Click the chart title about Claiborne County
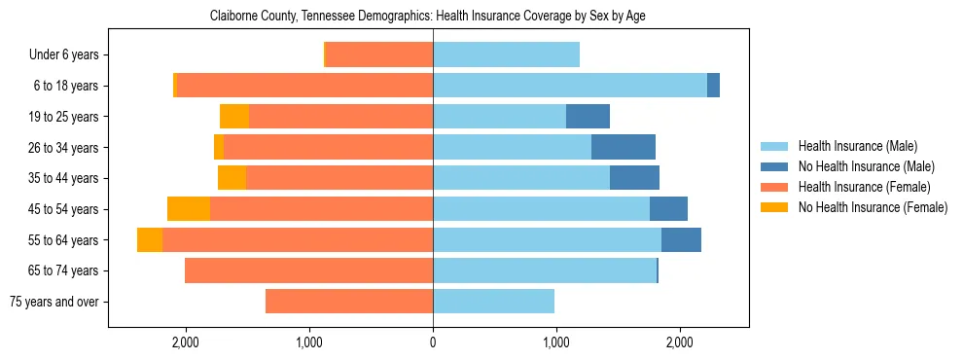click(428, 17)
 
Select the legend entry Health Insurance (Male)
click(857, 146)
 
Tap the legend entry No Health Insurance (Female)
click(873, 207)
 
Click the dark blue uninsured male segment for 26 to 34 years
click(624, 147)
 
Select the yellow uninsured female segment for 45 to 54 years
click(189, 209)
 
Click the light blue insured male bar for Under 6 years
click(506, 55)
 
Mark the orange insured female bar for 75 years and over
click(349, 302)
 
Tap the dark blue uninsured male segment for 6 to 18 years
click(713, 86)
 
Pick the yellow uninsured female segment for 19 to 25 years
click(234, 117)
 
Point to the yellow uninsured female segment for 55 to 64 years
click(150, 240)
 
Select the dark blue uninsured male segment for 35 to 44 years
click(634, 178)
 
